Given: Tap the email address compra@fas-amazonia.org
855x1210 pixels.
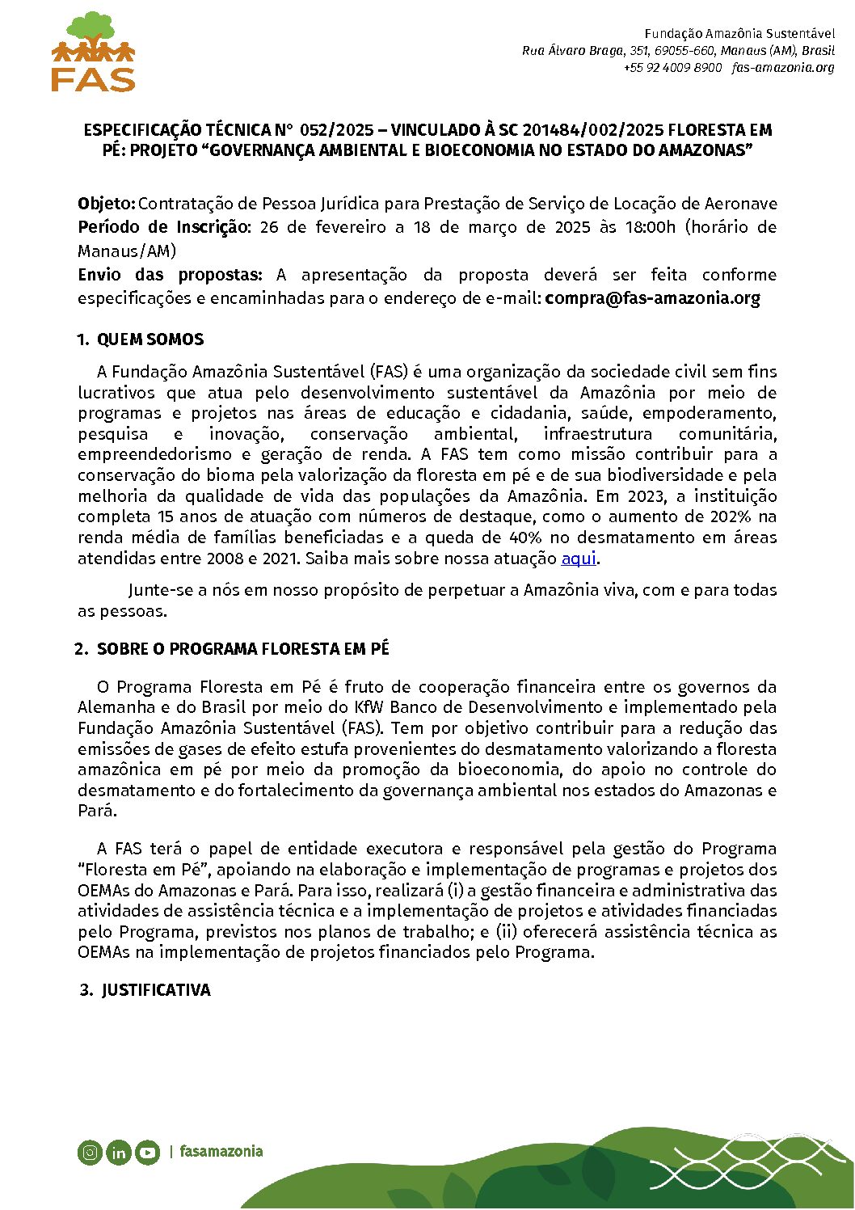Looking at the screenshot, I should pos(652,298).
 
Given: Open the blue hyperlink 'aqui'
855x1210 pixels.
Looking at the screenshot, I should pos(578,559).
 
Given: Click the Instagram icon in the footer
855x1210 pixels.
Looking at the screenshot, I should pos(90,1152).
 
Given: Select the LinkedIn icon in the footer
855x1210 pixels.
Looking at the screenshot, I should pos(119,1152).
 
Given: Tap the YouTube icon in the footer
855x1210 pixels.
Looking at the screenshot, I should pos(147,1152).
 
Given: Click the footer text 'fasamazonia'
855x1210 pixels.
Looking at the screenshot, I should pos(221,1151).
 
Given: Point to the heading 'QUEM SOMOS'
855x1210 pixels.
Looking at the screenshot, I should pos(150,339).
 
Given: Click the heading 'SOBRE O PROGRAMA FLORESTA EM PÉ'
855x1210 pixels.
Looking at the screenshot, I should pos(242,649).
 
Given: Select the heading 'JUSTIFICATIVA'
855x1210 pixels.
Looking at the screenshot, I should pos(156,990).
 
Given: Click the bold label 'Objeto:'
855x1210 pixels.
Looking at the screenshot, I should pos(107,204).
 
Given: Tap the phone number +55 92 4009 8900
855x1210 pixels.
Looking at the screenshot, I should pos(672,68).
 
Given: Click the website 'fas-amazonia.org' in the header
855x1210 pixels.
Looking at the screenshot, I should pos(783,68).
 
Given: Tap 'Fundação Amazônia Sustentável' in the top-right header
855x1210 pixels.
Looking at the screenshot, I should pos(739,34).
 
